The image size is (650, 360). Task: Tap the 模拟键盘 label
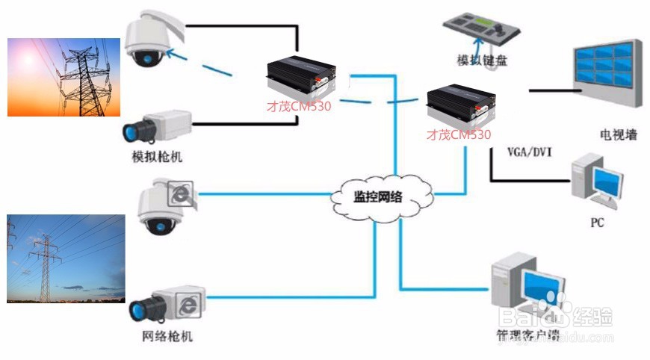[482, 60]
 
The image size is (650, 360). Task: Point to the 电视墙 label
[619, 135]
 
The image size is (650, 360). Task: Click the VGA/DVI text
[529, 151]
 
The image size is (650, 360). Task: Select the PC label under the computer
[597, 223]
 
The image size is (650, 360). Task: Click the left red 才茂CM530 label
[299, 106]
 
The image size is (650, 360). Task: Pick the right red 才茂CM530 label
[459, 135]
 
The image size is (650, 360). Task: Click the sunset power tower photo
[64, 78]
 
